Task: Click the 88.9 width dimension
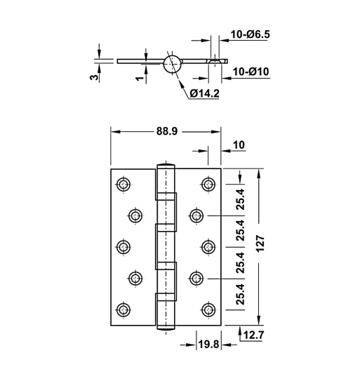tap(167, 131)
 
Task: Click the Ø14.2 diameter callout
tap(204, 93)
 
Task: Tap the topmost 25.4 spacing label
tap(239, 200)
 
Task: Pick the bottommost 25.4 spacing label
tap(239, 295)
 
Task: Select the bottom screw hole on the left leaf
tap(124, 310)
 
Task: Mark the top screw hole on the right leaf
tap(208, 185)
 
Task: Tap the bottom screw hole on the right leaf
tap(208, 310)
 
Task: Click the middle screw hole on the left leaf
tap(124, 247)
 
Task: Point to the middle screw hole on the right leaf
tap(208, 247)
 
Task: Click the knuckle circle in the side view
tap(172, 64)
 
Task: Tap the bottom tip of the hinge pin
tap(166, 327)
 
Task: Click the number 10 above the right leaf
tap(238, 145)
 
